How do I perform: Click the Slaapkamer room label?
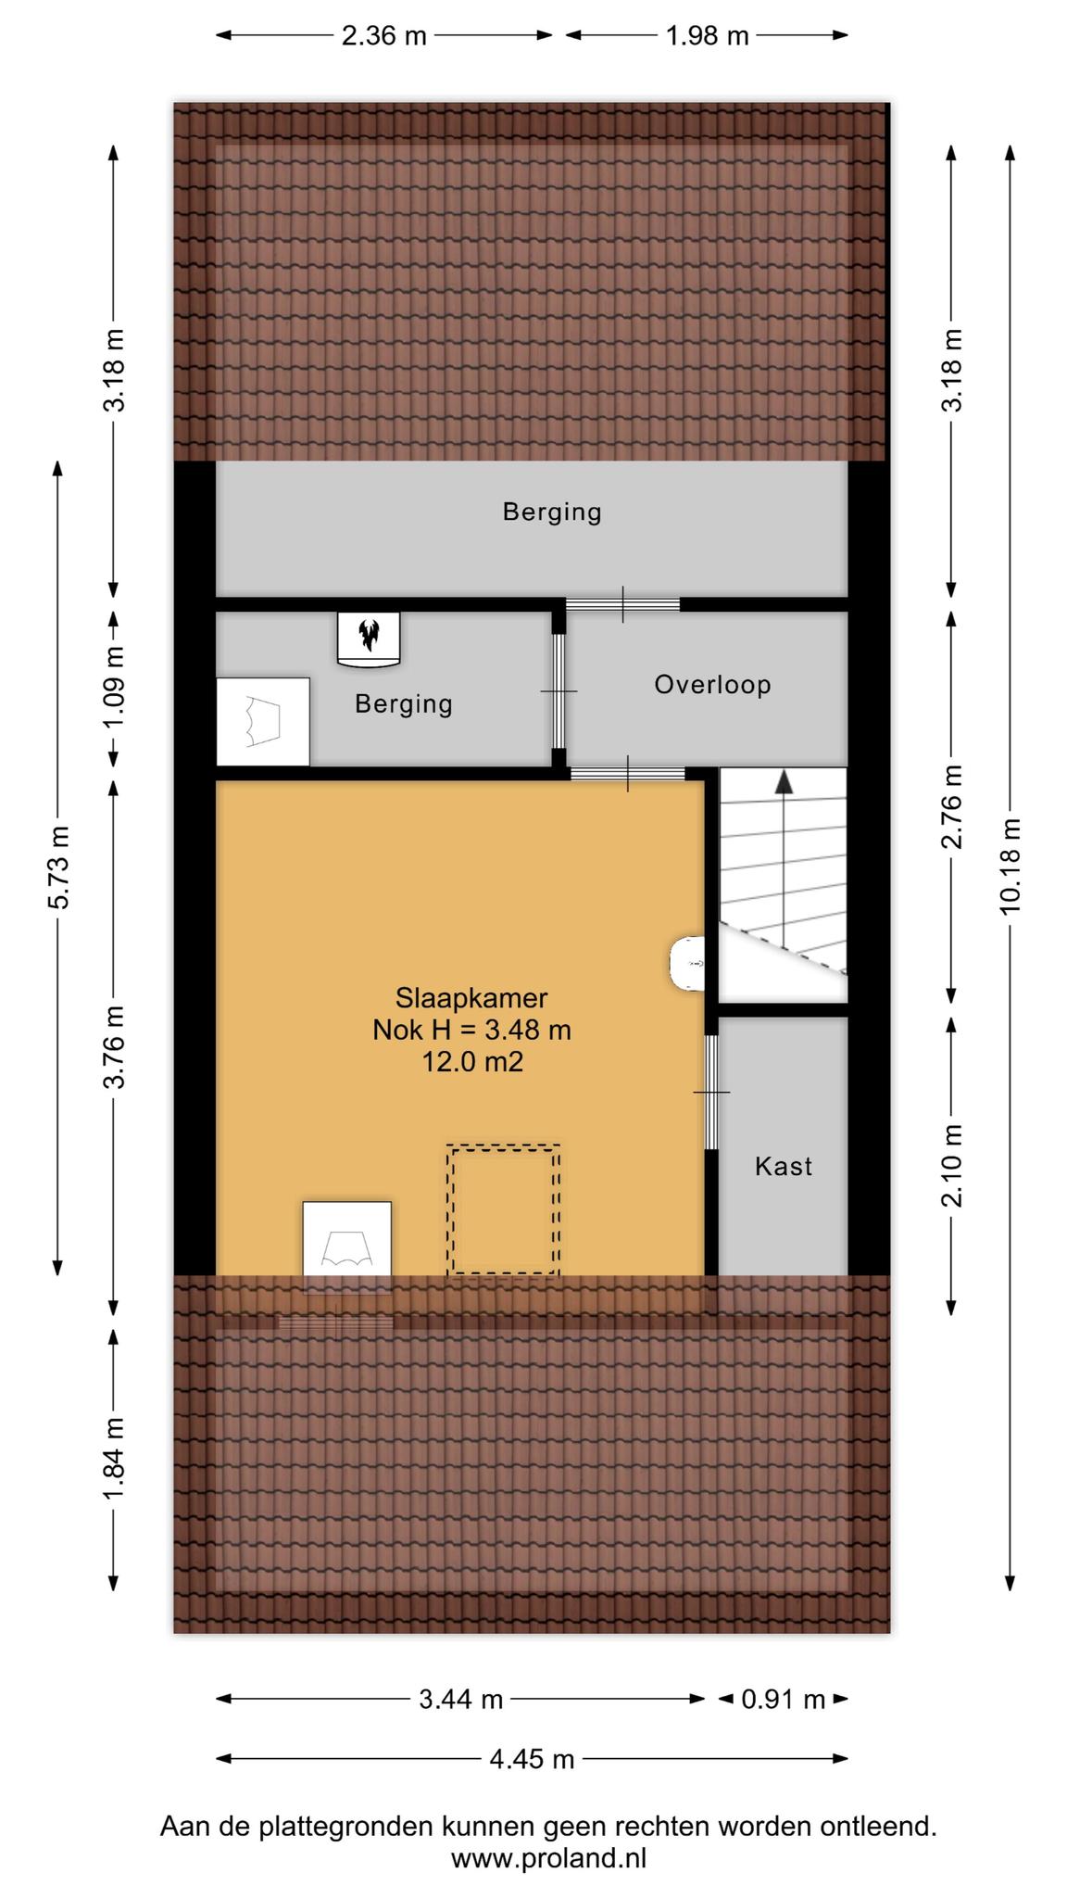[471, 998]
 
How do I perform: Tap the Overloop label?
[712, 685]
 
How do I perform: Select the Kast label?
[784, 1166]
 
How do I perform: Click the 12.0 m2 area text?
[472, 1061]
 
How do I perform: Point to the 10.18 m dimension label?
[1010, 866]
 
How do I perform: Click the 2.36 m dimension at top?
[384, 36]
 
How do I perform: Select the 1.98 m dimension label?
[708, 36]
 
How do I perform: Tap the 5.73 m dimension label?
[57, 867]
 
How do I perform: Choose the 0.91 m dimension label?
[784, 1700]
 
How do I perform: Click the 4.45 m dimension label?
[532, 1758]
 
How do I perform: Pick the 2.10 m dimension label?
[951, 1165]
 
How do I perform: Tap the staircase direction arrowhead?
[785, 781]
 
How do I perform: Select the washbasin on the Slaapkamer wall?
[686, 964]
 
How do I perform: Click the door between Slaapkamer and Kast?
[711, 1092]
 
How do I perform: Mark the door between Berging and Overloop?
[559, 690]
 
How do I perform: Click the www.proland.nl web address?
[548, 1858]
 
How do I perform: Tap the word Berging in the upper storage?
[552, 512]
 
